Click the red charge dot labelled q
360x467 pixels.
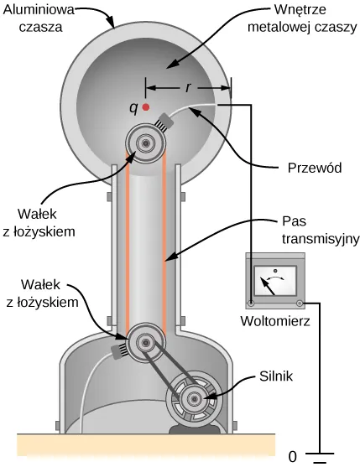click(x=146, y=107)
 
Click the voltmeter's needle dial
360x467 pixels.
click(x=274, y=278)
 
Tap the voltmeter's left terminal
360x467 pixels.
click(x=251, y=302)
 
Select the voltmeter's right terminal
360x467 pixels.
click(x=298, y=302)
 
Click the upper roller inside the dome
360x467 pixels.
click(x=146, y=144)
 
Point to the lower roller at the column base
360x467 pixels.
click(x=145, y=342)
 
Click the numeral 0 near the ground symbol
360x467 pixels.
click(x=291, y=457)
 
